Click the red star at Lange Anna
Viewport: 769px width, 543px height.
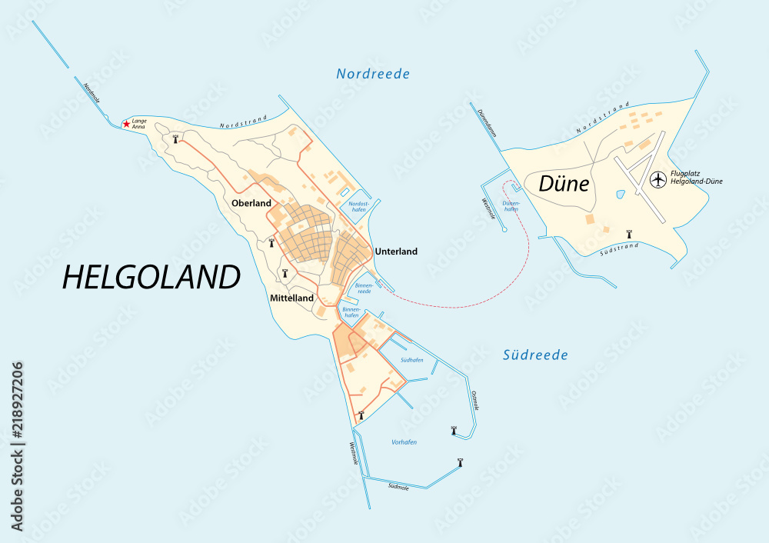pyautogui.click(x=126, y=124)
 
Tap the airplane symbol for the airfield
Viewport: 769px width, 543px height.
pyautogui.click(x=657, y=179)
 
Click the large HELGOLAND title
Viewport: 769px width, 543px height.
pyautogui.click(x=151, y=277)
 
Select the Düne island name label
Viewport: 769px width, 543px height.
pyautogui.click(x=564, y=184)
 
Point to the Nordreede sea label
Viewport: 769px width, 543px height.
pyautogui.click(x=373, y=74)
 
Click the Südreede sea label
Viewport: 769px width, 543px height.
pyautogui.click(x=535, y=355)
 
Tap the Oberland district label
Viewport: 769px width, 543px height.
pyautogui.click(x=251, y=203)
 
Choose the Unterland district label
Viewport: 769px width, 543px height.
pyautogui.click(x=396, y=252)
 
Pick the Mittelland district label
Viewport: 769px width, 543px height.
pyautogui.click(x=291, y=298)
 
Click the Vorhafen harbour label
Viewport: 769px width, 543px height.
pyautogui.click(x=404, y=441)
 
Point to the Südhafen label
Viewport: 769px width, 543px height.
pyautogui.click(x=412, y=360)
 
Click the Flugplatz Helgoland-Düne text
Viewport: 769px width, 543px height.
pyautogui.click(x=696, y=178)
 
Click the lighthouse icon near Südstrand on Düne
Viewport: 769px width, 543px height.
pyautogui.click(x=629, y=233)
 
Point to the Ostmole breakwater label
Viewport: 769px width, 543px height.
pyautogui.click(x=475, y=400)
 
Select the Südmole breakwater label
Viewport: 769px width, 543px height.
pyautogui.click(x=398, y=487)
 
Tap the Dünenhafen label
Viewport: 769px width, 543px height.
pyautogui.click(x=511, y=206)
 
